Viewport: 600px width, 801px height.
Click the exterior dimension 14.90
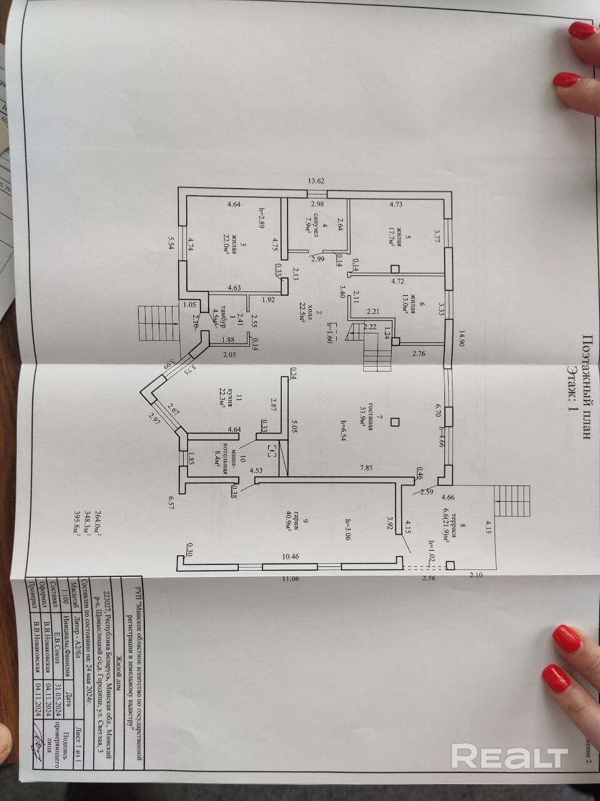click(462, 338)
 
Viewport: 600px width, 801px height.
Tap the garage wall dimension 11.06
click(289, 579)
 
